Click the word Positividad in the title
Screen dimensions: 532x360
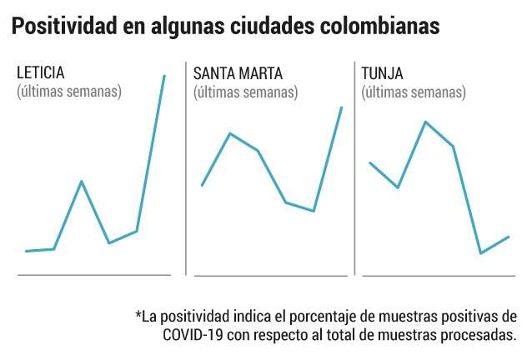coord(65,27)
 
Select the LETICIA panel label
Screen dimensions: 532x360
coord(41,72)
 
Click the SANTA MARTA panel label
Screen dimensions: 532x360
coord(238,73)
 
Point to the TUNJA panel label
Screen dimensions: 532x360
coord(382,73)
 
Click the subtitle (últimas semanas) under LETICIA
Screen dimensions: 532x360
coord(69,92)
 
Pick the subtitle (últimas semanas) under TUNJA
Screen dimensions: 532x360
coord(414,92)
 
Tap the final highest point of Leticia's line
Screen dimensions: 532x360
coord(164,76)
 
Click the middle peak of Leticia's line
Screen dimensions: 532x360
coord(82,182)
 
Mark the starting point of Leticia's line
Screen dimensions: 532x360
coord(26,251)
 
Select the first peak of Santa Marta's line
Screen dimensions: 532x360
coord(230,133)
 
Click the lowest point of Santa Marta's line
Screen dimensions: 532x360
coord(314,211)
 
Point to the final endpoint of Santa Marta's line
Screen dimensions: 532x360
coord(342,107)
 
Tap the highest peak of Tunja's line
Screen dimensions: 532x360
coord(425,122)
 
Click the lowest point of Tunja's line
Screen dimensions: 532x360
coord(481,253)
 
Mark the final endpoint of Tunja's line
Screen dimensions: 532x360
coord(509,237)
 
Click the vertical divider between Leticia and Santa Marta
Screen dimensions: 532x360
coord(186,168)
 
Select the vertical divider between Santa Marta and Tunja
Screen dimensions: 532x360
coord(354,168)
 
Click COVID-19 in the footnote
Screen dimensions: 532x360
coord(193,335)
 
